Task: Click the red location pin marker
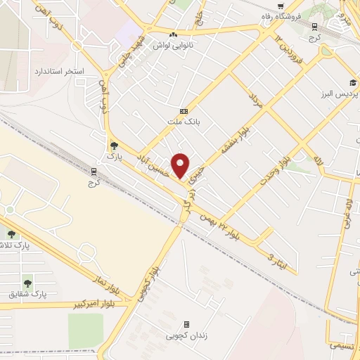coord(181,165)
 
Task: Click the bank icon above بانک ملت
coord(184,110)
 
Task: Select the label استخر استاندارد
coord(59,72)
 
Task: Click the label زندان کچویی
coord(186,336)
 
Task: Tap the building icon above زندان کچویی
coord(186,324)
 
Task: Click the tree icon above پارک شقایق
coord(27,283)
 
